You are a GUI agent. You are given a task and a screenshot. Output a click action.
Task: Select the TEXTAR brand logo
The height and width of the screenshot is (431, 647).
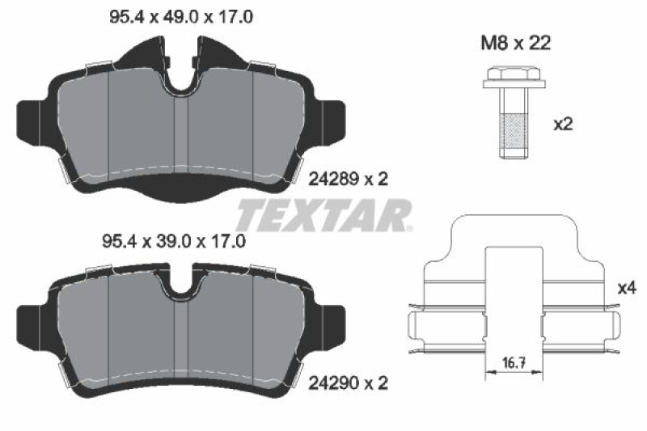point(323,215)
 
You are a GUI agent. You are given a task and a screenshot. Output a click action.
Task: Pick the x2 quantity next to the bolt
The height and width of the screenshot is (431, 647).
point(563,125)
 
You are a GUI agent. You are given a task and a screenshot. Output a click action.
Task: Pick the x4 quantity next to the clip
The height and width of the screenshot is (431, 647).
point(627,287)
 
